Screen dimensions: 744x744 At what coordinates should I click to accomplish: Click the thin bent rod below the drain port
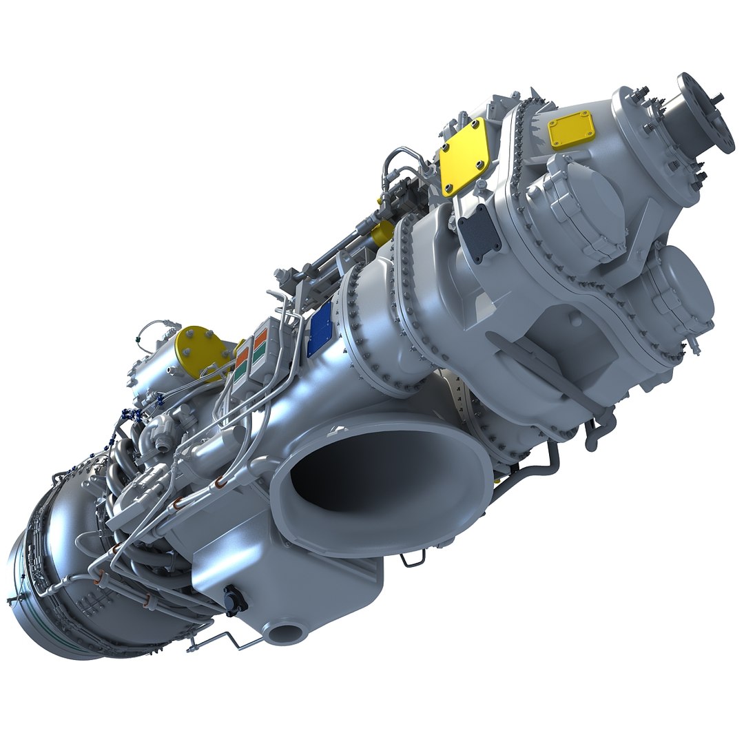click(220, 644)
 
